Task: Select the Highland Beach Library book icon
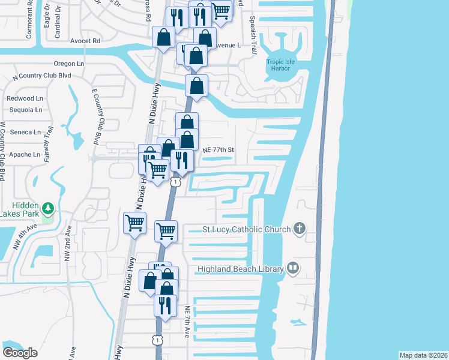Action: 292,268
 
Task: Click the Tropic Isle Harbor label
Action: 283,64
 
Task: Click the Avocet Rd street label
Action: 85,41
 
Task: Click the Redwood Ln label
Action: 25,98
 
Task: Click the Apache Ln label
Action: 25,154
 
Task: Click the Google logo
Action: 20,353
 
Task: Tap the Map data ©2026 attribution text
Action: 423,355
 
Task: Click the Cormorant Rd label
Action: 29,25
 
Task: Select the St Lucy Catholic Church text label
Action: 247,229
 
